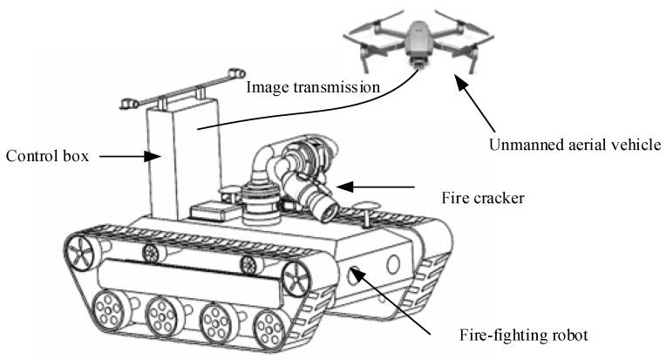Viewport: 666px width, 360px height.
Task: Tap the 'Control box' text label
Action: pos(45,158)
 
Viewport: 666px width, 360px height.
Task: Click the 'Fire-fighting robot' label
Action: pos(516,335)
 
